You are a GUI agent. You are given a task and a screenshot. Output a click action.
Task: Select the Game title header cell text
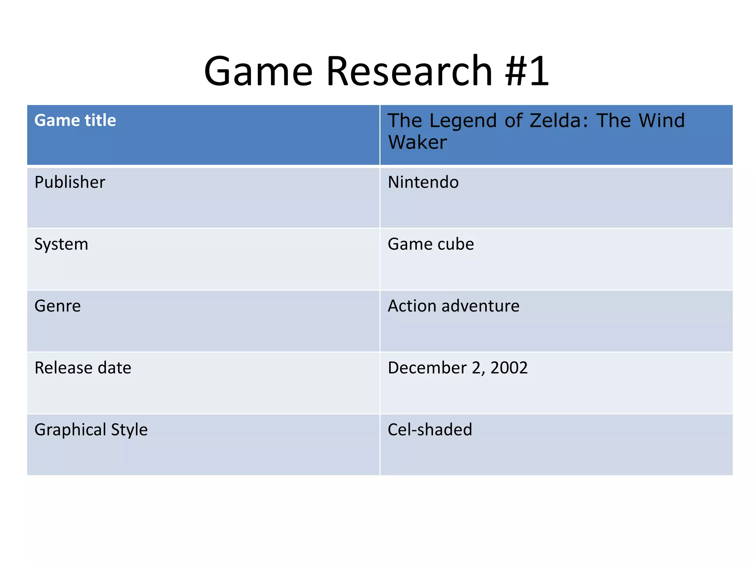click(75, 120)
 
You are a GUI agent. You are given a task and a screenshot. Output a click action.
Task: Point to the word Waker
click(417, 142)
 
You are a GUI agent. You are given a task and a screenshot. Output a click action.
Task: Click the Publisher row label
click(70, 182)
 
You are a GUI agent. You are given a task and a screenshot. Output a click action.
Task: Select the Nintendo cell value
click(423, 182)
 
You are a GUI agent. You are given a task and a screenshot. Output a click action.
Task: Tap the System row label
click(61, 244)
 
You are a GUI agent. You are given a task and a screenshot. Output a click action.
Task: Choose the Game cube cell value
click(431, 244)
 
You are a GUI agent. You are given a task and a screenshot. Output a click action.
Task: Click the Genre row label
click(57, 306)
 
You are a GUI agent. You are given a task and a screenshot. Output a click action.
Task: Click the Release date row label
click(83, 368)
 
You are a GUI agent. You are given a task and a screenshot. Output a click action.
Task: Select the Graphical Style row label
click(91, 430)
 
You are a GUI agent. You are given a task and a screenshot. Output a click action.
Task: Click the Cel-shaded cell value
click(430, 430)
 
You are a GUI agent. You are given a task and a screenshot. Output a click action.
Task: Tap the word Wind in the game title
click(662, 121)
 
